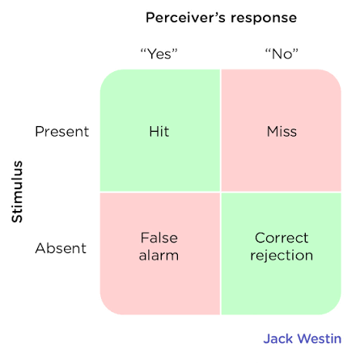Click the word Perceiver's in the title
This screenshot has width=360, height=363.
coord(185,18)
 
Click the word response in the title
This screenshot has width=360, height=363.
coord(264,19)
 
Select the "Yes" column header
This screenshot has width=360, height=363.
coord(159,54)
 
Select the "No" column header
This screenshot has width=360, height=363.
coord(282,54)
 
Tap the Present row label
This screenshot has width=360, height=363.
coord(62,132)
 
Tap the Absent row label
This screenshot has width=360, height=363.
coord(61,248)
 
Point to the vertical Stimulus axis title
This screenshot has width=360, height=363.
coord(17,192)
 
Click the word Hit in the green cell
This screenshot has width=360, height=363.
coord(159,132)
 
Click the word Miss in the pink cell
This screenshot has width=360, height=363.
coord(282,132)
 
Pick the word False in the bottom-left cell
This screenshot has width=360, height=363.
coord(159,238)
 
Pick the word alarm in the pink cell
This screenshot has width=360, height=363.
coord(159,255)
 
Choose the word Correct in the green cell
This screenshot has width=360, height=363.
coord(282,238)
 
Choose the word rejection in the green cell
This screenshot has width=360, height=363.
coord(282,255)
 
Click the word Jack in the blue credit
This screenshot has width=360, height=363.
coord(278,339)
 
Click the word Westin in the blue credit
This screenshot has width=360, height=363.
coord(320,339)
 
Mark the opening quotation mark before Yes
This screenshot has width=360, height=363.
coord(143,50)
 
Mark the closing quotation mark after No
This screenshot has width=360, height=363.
coord(295,50)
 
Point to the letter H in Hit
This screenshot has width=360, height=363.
coord(155,132)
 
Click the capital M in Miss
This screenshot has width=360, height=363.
coord(273,132)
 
